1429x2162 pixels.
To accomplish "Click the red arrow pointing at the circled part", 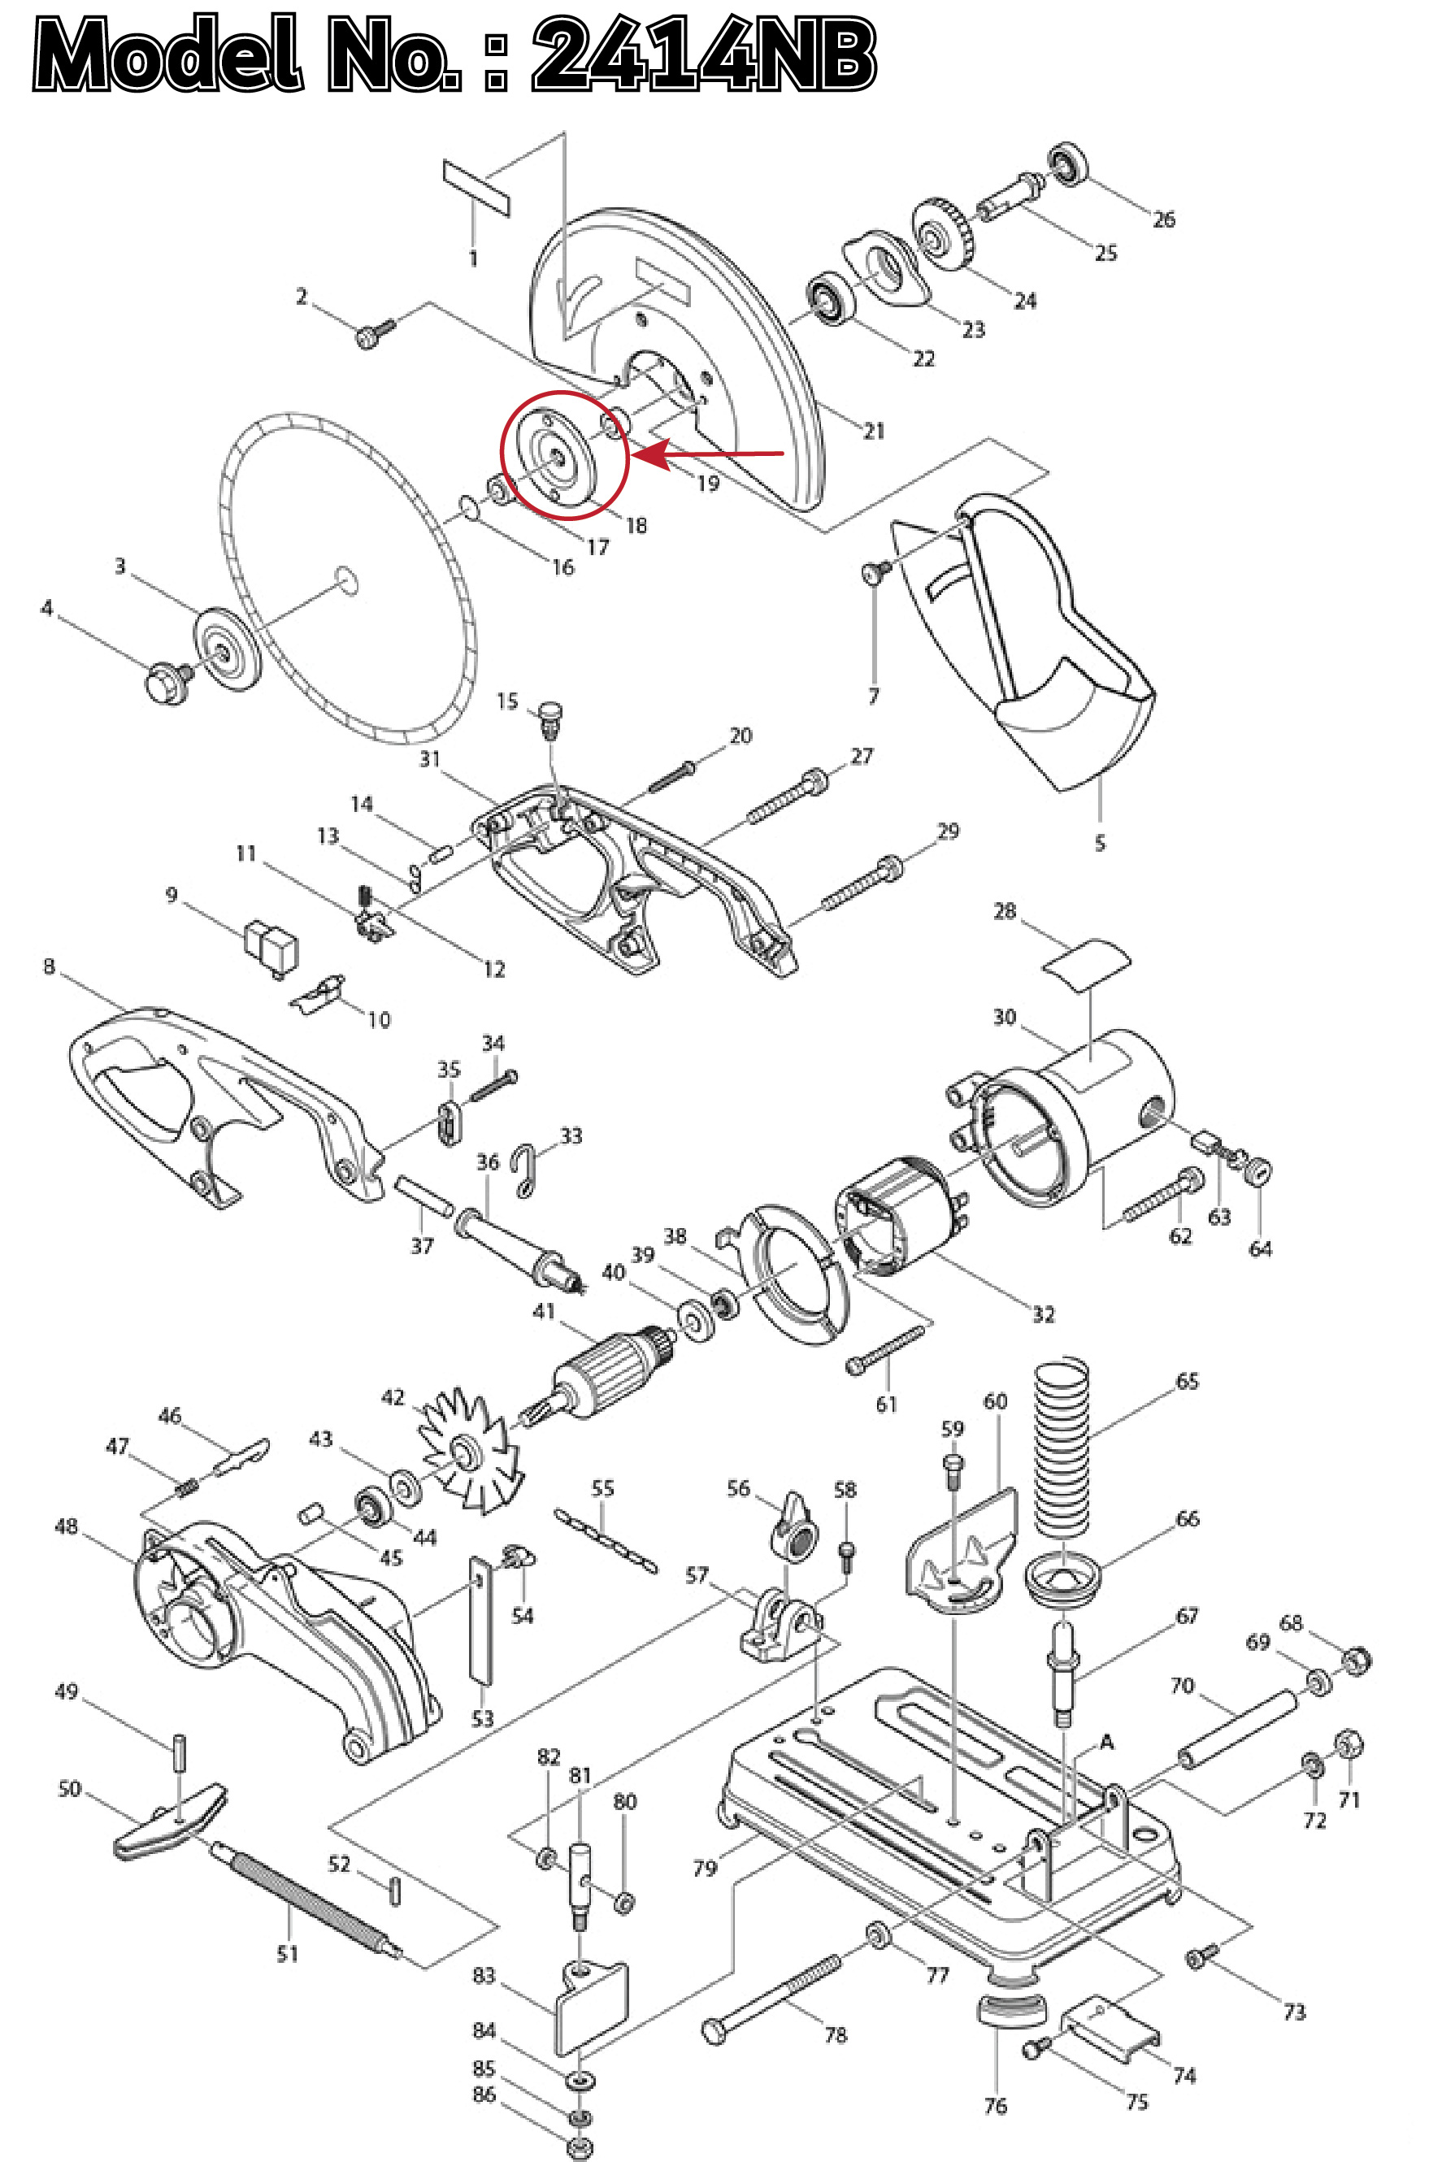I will (x=711, y=452).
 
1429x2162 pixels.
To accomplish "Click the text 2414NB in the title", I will (x=704, y=54).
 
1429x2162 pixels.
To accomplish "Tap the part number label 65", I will (x=1188, y=1381).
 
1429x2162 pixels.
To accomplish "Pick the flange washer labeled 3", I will (x=225, y=648).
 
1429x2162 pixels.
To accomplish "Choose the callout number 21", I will (x=874, y=431).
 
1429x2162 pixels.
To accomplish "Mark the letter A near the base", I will (x=1107, y=1742).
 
